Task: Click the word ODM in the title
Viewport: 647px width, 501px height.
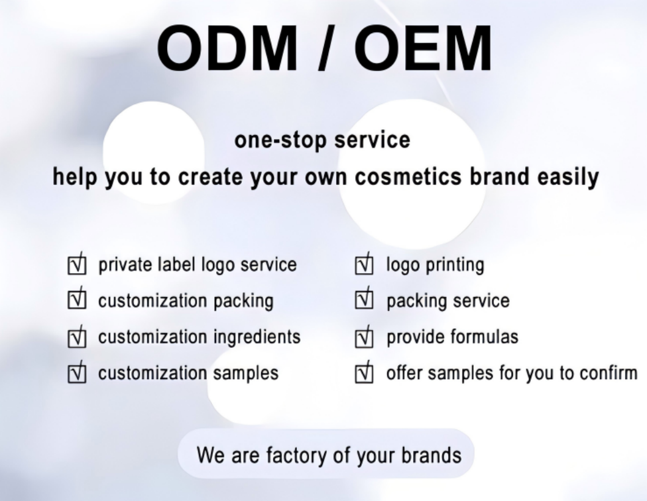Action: click(227, 48)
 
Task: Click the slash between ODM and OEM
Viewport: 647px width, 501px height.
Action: click(326, 48)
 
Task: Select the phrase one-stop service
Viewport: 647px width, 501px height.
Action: click(322, 140)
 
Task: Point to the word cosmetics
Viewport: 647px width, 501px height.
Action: click(408, 176)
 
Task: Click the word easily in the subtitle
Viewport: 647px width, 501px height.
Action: click(568, 178)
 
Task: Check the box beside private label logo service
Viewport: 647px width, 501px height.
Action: click(77, 265)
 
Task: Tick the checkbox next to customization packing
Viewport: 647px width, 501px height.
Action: click(77, 299)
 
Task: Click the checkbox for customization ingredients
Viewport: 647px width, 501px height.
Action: click(77, 337)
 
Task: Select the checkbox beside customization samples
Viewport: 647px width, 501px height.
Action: click(77, 372)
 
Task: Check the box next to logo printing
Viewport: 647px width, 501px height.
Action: click(364, 265)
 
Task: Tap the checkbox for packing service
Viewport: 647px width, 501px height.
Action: click(364, 299)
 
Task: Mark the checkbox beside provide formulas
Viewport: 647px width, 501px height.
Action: click(364, 337)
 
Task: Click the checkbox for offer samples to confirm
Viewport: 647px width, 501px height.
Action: click(364, 372)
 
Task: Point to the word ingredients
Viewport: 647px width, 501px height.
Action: click(257, 337)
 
